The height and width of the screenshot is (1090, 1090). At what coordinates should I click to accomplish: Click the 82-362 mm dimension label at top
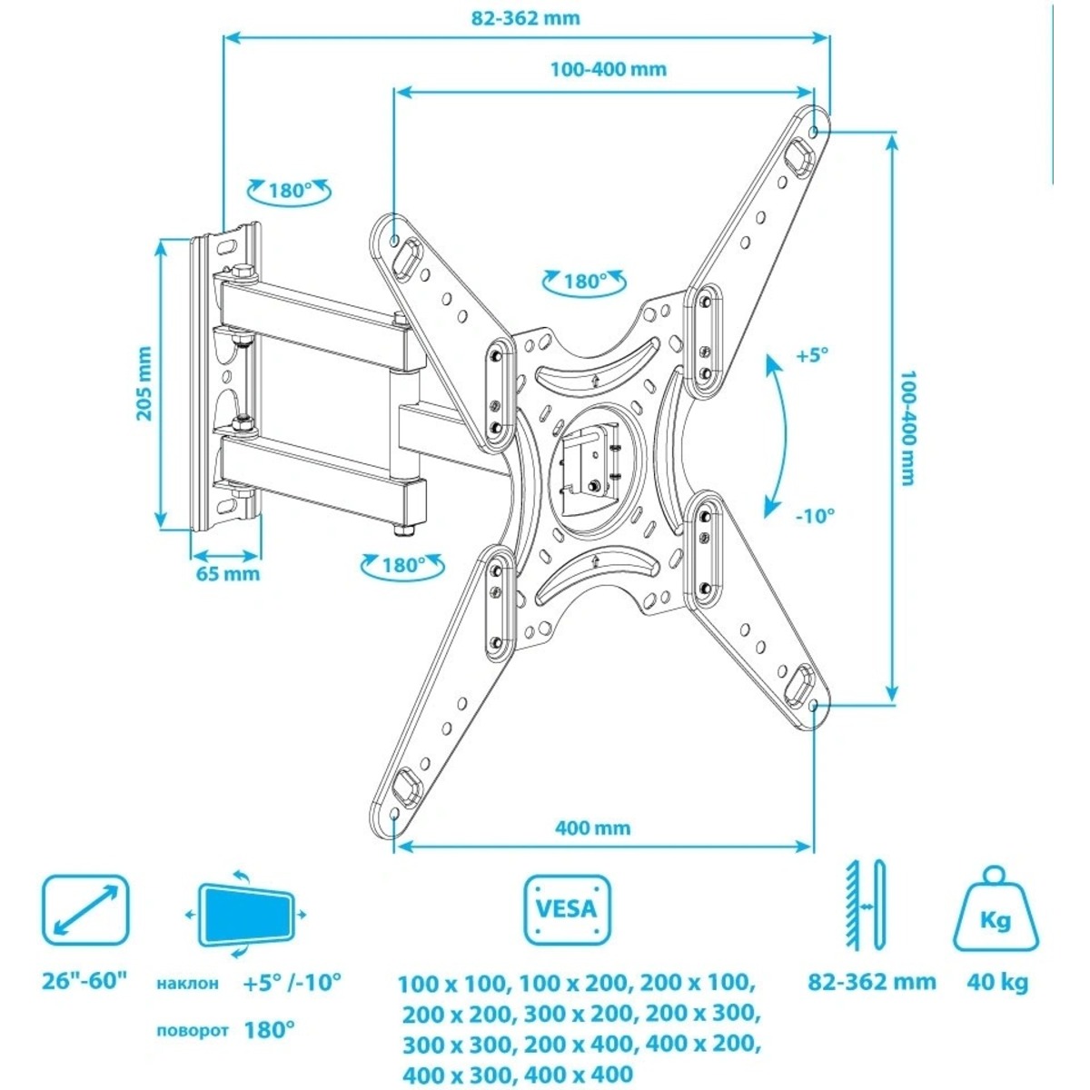click(x=527, y=18)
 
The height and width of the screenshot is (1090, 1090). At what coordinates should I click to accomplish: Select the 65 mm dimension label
click(x=227, y=573)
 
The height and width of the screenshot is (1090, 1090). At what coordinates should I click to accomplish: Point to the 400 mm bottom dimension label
click(x=592, y=827)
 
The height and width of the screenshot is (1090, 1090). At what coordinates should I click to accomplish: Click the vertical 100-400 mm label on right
click(x=907, y=427)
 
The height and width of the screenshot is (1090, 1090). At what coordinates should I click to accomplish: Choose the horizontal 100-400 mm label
click(x=608, y=69)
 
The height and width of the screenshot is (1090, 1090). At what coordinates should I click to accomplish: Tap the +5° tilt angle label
click(x=812, y=356)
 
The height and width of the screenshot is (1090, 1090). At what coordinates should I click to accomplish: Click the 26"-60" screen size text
click(x=85, y=981)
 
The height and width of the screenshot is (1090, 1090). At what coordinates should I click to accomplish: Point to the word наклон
click(x=187, y=983)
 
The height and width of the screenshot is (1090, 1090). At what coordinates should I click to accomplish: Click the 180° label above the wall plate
click(x=289, y=192)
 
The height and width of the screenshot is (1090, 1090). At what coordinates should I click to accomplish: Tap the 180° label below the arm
click(x=403, y=565)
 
